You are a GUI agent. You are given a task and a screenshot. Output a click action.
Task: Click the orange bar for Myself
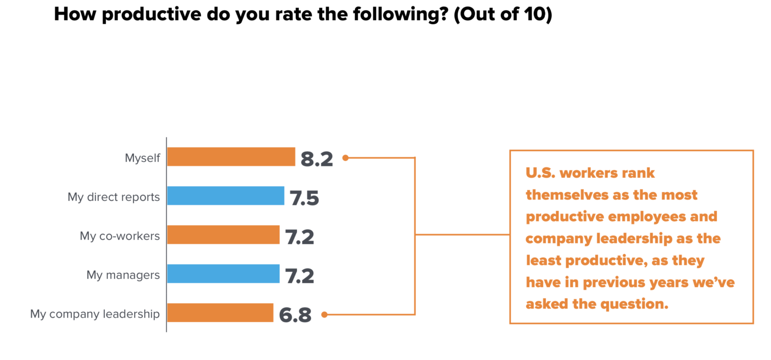click(231, 157)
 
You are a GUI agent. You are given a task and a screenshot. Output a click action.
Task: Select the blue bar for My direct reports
click(225, 196)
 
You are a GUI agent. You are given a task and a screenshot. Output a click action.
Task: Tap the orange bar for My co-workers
click(223, 235)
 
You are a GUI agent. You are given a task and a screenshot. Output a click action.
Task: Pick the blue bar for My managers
click(223, 274)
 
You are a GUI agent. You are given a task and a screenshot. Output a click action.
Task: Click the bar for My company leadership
click(220, 313)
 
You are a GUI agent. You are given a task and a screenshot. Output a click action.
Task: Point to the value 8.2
click(316, 159)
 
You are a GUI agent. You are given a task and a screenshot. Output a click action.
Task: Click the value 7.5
click(304, 198)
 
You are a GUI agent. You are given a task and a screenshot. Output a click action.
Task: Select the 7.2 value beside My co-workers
click(299, 237)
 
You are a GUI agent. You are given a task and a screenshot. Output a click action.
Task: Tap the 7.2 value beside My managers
click(299, 276)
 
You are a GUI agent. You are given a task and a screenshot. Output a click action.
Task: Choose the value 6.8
click(295, 315)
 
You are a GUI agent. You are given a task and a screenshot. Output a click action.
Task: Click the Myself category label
click(142, 158)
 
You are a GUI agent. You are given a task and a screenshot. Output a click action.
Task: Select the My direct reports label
click(114, 197)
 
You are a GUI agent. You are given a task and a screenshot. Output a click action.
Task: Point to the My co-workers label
click(120, 236)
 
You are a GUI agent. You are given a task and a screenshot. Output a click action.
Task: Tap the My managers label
click(123, 275)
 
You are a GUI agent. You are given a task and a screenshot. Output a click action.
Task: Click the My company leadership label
click(95, 314)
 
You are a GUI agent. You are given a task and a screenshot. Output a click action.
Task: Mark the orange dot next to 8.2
click(345, 158)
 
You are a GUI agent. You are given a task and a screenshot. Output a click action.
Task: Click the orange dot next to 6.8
click(324, 315)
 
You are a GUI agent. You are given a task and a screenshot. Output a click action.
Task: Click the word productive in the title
click(151, 14)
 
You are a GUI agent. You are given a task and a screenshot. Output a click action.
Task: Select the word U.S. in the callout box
click(540, 173)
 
